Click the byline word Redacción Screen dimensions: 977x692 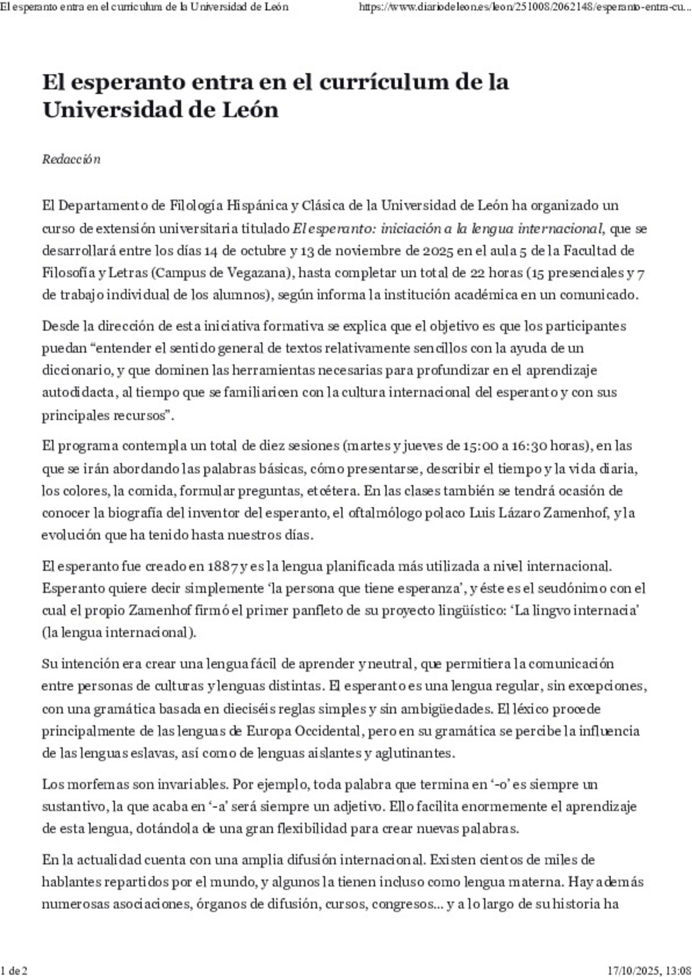click(71, 160)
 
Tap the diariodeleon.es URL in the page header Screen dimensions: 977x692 click(524, 7)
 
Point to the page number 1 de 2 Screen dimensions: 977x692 click(14, 970)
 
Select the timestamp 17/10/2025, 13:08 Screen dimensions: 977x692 click(648, 970)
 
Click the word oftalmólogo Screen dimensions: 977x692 click(385, 513)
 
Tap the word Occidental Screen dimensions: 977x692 click(328, 731)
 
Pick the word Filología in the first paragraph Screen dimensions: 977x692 click(194, 206)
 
